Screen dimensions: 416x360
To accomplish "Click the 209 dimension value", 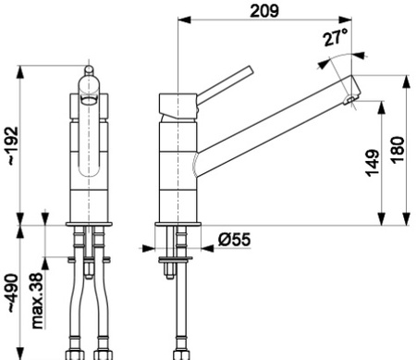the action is click(264, 11).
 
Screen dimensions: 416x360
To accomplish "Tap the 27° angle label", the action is click(335, 37).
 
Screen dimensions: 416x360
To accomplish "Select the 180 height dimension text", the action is click(398, 150).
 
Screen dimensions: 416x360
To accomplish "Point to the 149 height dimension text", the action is click(373, 163).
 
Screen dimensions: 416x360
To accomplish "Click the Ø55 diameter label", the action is click(235, 240).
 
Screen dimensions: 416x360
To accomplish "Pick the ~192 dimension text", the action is click(14, 145).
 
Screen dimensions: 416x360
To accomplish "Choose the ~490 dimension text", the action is click(14, 293).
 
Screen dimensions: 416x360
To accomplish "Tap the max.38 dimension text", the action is click(38, 301).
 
